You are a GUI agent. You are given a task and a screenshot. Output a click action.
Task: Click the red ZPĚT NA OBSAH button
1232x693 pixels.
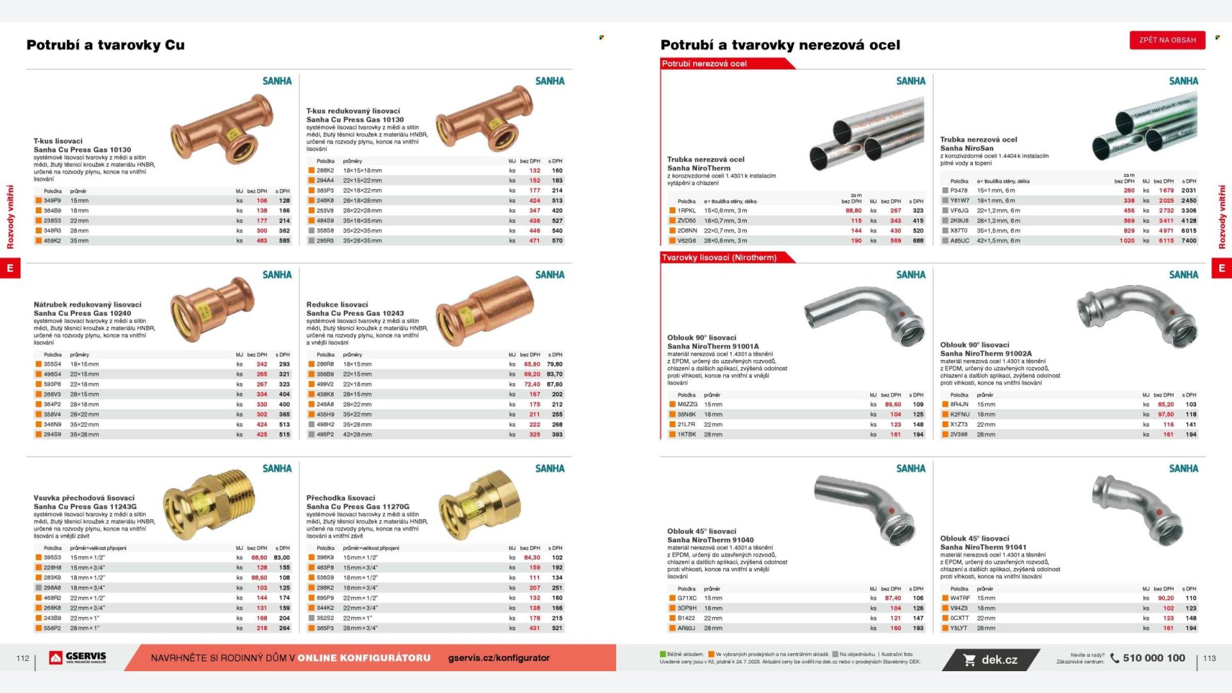pyautogui.click(x=1167, y=40)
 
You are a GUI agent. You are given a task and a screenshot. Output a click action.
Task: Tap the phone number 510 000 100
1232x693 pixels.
pyautogui.click(x=1153, y=658)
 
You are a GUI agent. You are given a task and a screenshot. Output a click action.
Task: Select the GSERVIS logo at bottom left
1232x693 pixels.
pyautogui.click(x=78, y=658)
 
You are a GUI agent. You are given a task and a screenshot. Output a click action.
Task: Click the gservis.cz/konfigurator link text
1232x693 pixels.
pyautogui.click(x=499, y=658)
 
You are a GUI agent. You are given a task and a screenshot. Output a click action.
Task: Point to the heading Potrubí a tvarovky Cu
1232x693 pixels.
pyautogui.click(x=105, y=45)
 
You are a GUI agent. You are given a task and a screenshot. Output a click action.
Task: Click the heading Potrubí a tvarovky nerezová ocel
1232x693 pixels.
pyautogui.click(x=780, y=45)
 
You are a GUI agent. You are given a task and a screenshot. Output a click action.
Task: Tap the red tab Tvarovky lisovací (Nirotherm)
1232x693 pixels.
pyautogui.click(x=719, y=257)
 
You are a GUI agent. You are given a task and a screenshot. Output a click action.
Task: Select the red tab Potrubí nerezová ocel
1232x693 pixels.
pyautogui.click(x=704, y=64)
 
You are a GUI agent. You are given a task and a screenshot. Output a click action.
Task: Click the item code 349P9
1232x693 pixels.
pyautogui.click(x=53, y=201)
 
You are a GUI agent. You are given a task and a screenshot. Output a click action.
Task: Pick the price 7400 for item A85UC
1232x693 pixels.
pyautogui.click(x=1189, y=241)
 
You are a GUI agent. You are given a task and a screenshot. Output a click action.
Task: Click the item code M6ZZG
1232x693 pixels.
pyautogui.click(x=687, y=404)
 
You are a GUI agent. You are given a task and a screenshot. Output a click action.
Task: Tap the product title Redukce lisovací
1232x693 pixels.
pyautogui.click(x=337, y=305)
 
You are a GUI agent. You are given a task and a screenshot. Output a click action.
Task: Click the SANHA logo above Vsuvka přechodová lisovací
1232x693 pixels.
pyautogui.click(x=277, y=468)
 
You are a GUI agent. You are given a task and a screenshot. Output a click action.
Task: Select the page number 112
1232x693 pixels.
pyautogui.click(x=22, y=658)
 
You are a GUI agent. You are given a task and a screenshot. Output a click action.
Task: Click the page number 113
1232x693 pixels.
pyautogui.click(x=1209, y=658)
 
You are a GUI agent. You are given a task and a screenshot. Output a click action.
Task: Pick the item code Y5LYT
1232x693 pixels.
pyautogui.click(x=959, y=628)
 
